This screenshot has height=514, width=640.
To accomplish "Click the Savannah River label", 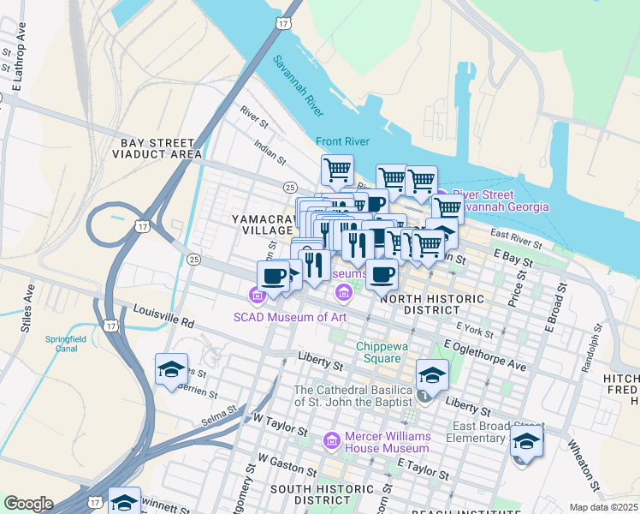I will coord(299,87).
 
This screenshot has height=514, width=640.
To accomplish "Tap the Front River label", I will coord(341,140).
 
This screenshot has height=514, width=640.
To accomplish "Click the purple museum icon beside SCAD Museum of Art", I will coord(255,296).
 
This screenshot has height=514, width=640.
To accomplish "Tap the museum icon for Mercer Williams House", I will coord(332,440).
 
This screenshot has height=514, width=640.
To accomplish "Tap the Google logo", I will coord(28,504).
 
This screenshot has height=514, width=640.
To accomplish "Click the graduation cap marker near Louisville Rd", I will coord(172,370).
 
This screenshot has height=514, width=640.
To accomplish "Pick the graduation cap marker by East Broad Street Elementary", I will coord(526,443).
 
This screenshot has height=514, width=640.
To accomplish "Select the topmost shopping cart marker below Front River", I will coord(337,170).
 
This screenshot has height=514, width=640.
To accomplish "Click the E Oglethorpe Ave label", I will coord(484,355).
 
